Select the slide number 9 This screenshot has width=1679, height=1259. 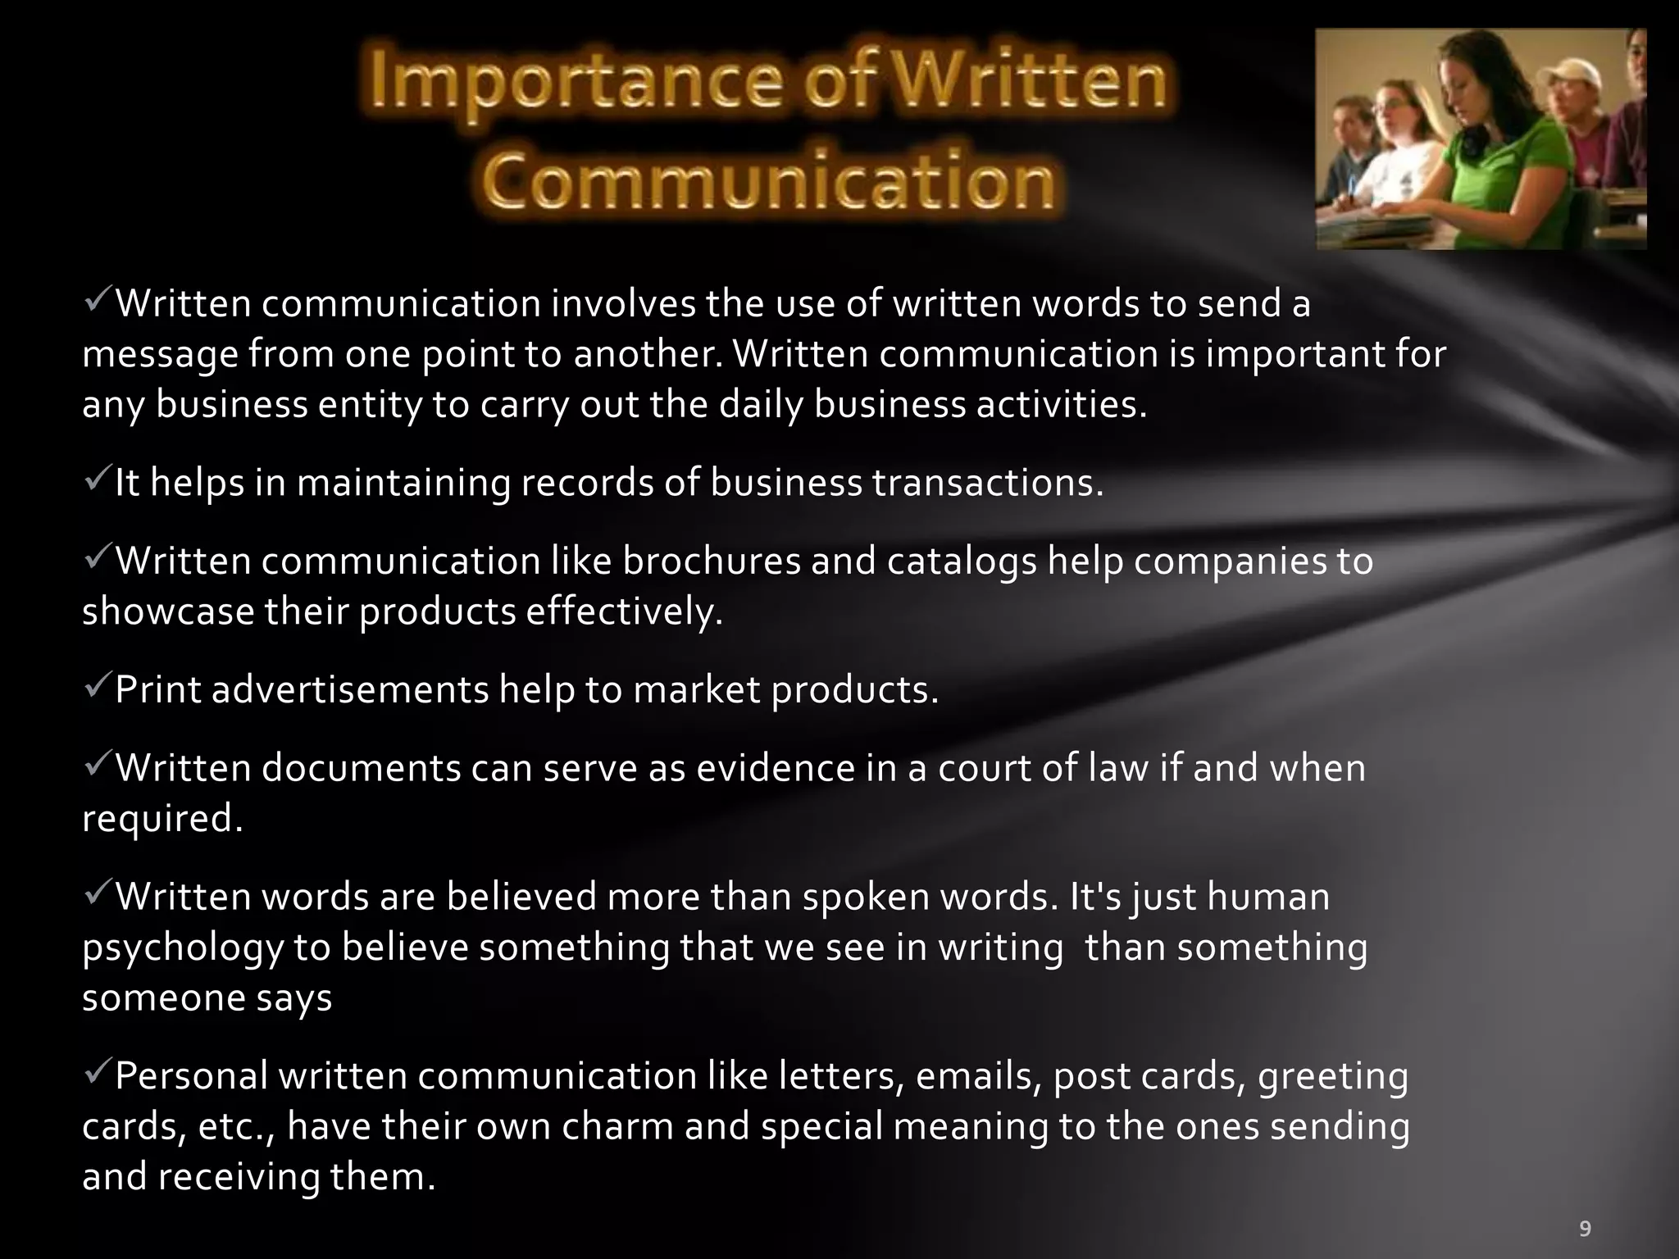[x=1585, y=1228]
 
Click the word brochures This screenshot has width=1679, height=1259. [x=711, y=561]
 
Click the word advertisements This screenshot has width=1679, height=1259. [x=350, y=689]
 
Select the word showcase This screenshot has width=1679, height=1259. [x=168, y=611]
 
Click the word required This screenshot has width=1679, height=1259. [x=162, y=819]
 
